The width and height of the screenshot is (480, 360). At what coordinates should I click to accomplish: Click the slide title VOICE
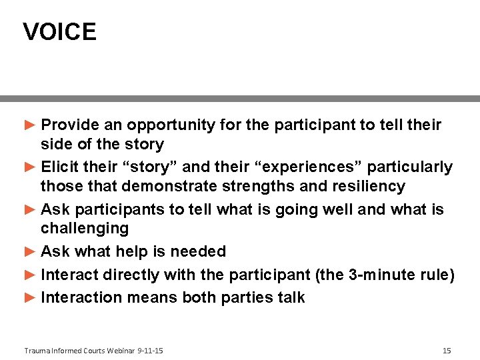click(x=59, y=32)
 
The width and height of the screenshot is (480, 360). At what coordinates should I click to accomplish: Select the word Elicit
click(x=60, y=167)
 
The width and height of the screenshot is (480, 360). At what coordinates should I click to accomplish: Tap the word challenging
click(x=84, y=229)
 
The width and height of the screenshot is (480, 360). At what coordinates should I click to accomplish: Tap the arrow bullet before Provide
click(x=29, y=125)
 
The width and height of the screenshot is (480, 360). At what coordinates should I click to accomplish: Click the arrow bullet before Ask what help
click(x=29, y=251)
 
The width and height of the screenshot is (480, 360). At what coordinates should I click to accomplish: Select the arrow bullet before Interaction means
click(x=29, y=297)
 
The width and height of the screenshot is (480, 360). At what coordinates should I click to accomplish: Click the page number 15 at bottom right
click(x=447, y=351)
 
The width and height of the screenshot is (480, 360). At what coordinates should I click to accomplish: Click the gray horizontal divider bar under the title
click(x=240, y=98)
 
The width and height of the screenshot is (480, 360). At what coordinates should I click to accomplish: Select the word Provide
click(x=70, y=125)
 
